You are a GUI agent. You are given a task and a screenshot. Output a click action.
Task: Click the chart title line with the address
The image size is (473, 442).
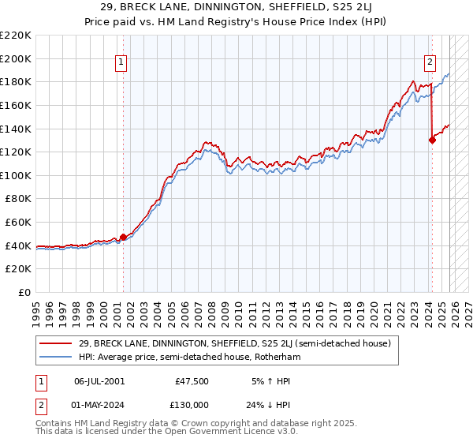tap(236, 7)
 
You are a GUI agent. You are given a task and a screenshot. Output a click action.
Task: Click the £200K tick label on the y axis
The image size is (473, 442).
tap(16, 58)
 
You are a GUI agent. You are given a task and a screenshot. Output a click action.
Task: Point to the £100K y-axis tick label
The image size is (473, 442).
tap(16, 175)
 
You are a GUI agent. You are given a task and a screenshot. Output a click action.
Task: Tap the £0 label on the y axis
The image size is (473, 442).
tap(24, 293)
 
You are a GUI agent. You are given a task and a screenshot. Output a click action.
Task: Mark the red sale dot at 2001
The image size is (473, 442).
tap(123, 237)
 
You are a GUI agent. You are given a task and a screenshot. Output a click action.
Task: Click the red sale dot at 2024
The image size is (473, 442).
tap(432, 140)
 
